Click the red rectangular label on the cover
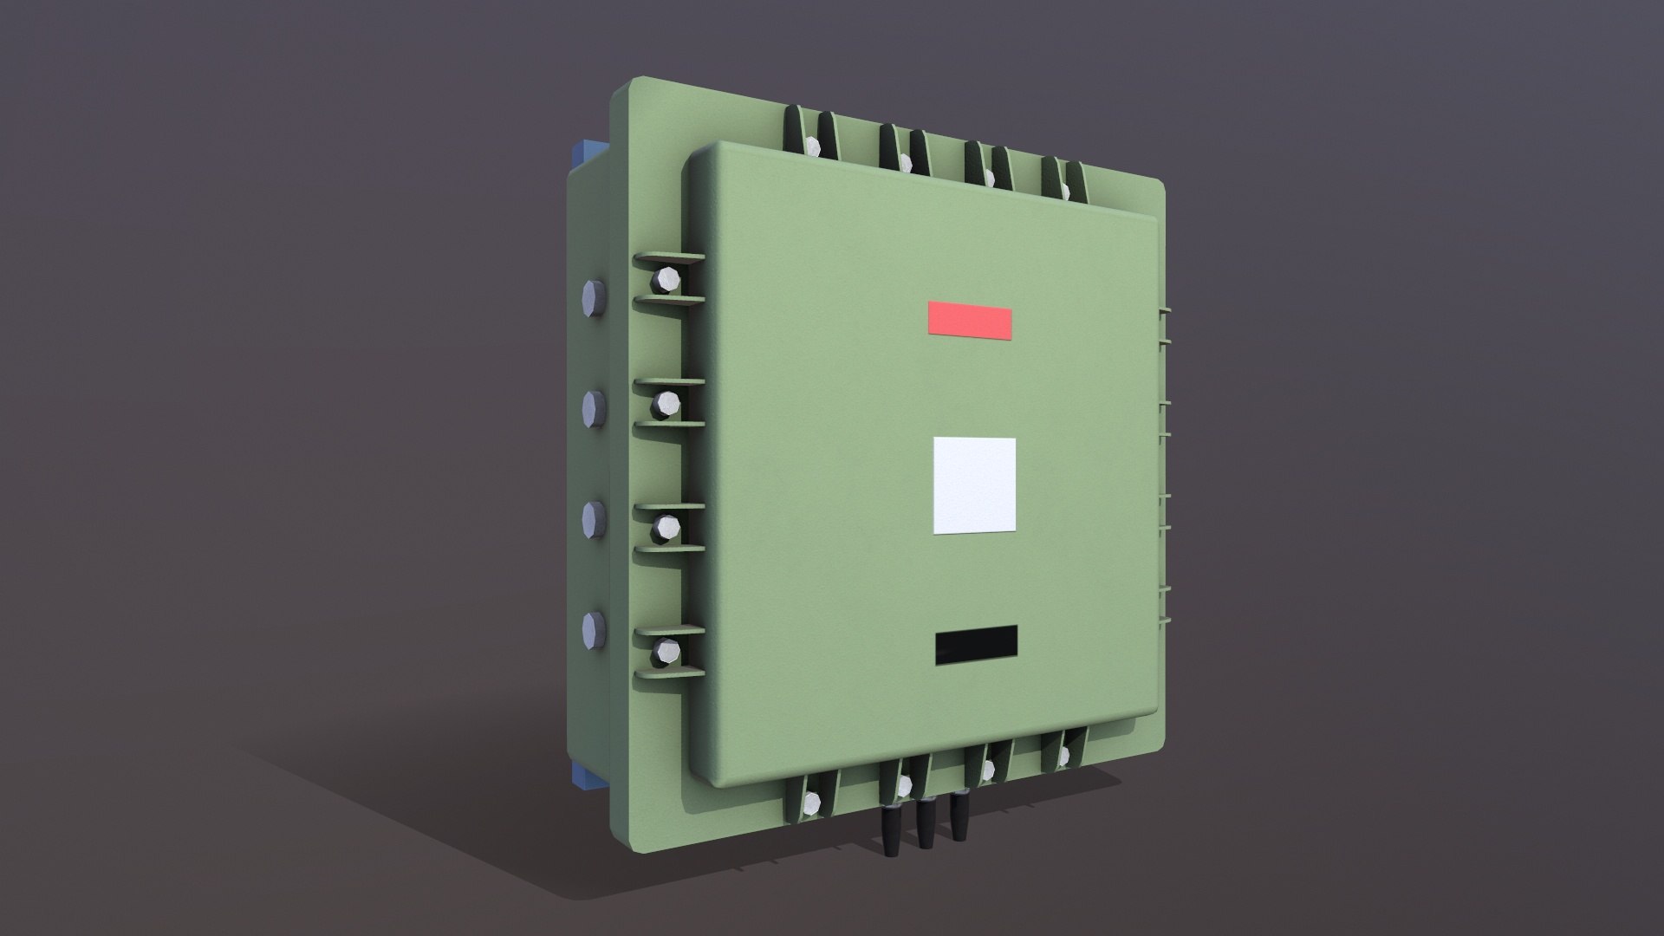[970, 320]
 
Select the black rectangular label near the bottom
[976, 645]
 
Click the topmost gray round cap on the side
[594, 299]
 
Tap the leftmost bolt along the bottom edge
[811, 804]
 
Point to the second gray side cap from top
[594, 407]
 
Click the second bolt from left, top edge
[905, 160]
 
